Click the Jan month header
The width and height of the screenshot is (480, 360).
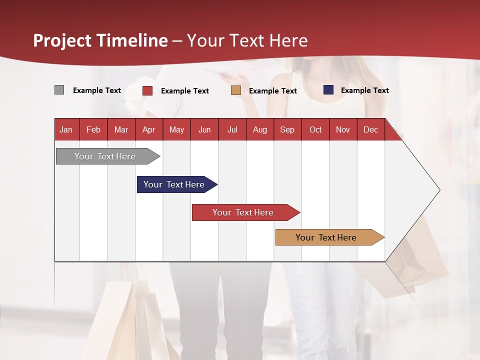click(66, 130)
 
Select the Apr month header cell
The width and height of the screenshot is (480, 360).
click(149, 130)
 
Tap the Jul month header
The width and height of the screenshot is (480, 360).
click(232, 130)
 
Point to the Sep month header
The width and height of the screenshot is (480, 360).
click(287, 130)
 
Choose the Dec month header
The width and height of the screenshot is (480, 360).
click(370, 130)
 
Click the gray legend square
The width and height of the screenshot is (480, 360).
click(59, 90)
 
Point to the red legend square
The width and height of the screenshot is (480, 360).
click(147, 90)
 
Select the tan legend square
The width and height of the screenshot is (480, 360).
click(236, 90)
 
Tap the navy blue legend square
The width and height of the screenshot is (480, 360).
click(328, 90)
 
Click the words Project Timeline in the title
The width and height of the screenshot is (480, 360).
click(100, 40)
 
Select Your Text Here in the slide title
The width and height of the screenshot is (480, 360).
click(247, 40)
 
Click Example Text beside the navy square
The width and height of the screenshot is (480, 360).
click(364, 90)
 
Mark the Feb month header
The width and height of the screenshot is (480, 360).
click(93, 130)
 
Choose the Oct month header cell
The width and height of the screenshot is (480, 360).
click(315, 130)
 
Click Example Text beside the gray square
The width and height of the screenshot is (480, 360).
click(97, 90)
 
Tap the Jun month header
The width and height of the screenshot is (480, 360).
click(204, 130)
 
